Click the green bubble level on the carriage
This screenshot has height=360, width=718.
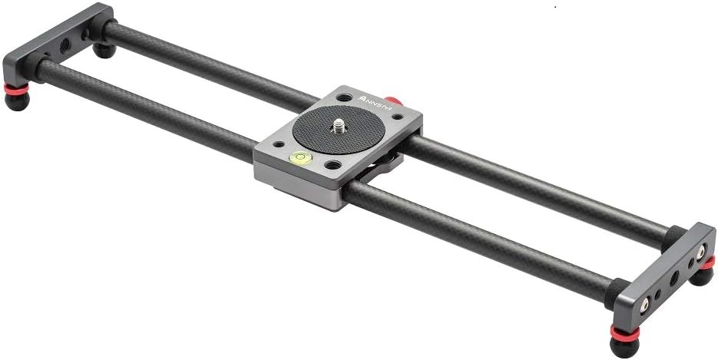tap(297, 158)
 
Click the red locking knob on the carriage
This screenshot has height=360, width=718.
tap(393, 101)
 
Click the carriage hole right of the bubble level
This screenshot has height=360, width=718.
tap(332, 165)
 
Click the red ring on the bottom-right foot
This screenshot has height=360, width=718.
tap(624, 332)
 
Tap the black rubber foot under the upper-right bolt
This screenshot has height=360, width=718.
tap(701, 273)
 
